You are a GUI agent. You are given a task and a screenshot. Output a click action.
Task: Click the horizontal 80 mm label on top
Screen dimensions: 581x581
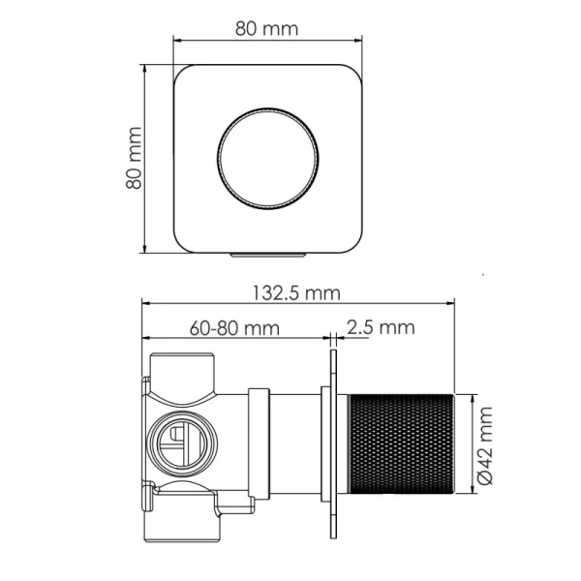[266, 28]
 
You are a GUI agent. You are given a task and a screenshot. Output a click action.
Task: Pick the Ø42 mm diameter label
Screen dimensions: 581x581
[487, 445]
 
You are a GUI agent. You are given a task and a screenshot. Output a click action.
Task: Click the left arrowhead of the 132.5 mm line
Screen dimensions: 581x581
[148, 303]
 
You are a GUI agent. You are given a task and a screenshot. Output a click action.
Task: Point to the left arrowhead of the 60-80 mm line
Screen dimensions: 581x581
[148, 338]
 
